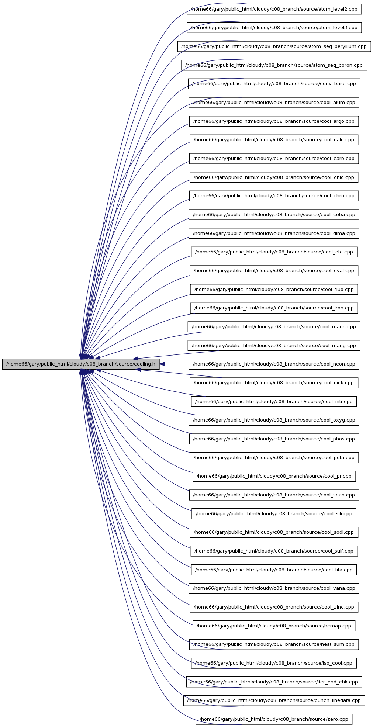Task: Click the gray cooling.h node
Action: point(81,364)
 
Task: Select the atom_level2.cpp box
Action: point(274,9)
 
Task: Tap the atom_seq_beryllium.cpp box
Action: point(274,46)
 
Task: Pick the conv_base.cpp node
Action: point(274,84)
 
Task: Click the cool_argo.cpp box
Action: point(274,121)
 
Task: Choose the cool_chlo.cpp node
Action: point(274,177)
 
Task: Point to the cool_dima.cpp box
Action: point(274,233)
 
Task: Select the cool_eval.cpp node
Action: point(274,271)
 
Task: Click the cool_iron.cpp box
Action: point(274,308)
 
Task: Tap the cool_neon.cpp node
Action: point(274,364)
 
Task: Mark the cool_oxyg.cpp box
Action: point(274,420)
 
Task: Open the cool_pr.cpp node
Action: point(274,476)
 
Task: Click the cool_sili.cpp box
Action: point(274,514)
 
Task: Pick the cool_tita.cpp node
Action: point(274,570)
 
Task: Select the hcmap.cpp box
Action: point(274,626)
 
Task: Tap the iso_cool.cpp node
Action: point(274,663)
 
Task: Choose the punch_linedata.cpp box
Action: point(274,700)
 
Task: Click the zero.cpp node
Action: point(274,719)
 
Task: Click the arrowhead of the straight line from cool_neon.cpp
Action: point(162,364)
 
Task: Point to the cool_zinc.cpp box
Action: point(274,607)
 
